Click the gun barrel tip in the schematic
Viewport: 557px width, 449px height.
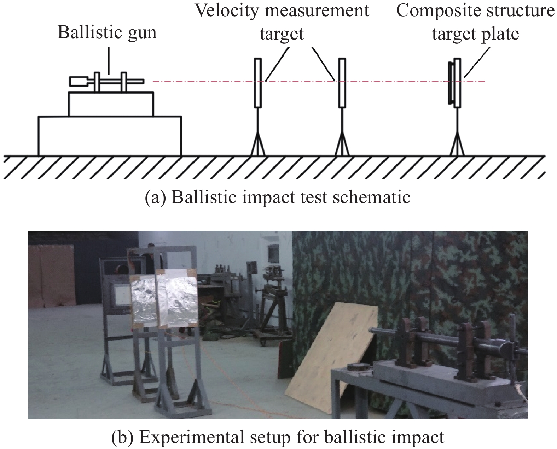click(143, 82)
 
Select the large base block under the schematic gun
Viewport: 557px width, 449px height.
click(110, 136)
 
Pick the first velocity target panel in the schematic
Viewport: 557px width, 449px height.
click(258, 83)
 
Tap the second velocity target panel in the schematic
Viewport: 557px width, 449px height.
click(342, 83)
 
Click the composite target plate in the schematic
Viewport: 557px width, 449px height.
click(457, 83)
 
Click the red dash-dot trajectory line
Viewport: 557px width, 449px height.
click(319, 82)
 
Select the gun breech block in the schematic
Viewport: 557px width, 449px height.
click(79, 82)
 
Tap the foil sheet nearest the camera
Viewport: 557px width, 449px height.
click(177, 299)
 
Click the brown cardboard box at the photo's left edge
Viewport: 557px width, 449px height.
click(52, 277)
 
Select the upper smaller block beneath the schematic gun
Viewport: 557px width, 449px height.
click(111, 104)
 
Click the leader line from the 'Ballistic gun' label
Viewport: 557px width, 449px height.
click(109, 61)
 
